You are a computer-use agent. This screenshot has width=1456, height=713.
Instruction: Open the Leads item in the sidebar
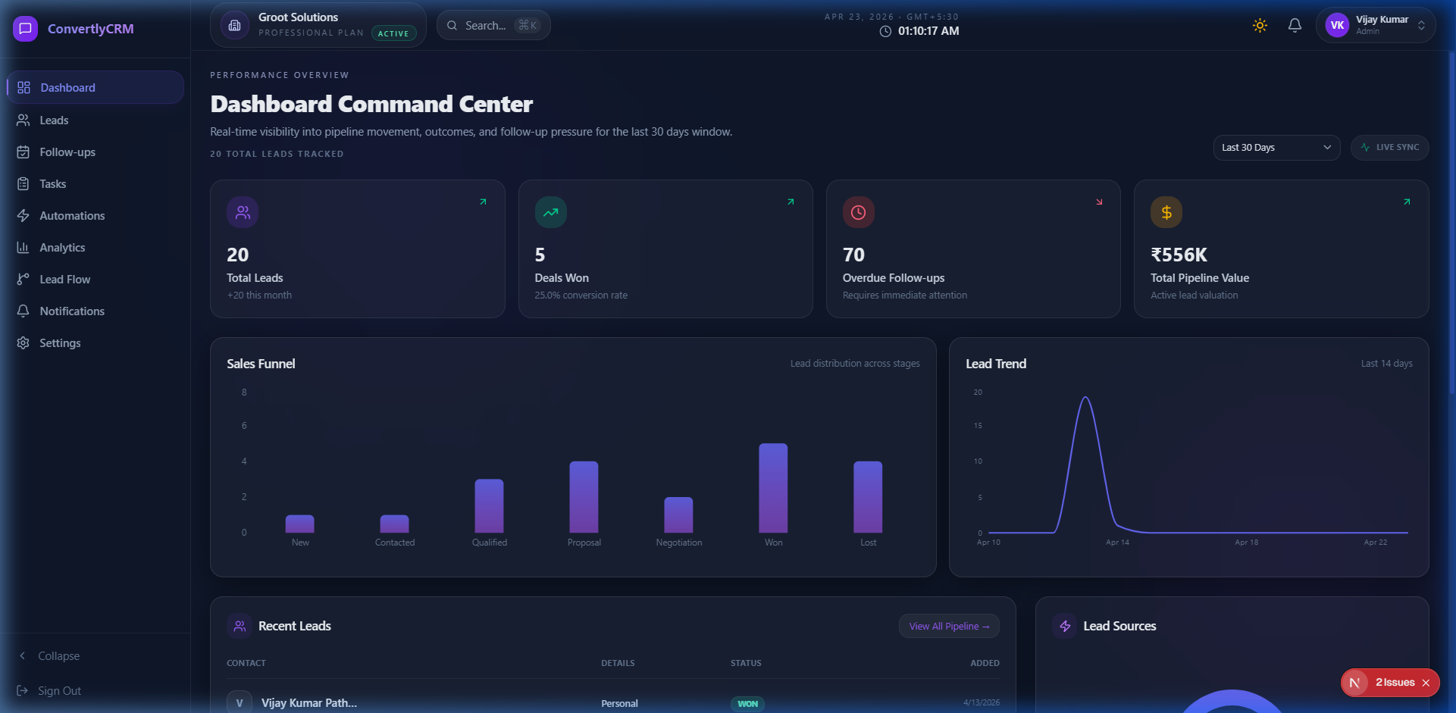53,120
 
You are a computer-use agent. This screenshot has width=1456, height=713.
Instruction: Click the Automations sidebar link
71,216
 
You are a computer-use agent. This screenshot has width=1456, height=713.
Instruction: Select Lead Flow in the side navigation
64,280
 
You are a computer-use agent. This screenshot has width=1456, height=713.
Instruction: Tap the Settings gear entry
59,343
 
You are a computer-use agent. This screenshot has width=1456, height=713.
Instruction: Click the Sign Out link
58,691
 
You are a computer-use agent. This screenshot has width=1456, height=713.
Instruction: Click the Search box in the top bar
493,26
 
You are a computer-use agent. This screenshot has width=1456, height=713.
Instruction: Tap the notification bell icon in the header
1295,26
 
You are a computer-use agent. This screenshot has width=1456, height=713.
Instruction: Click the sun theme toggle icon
1260,26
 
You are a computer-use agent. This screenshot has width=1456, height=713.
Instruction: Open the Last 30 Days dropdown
1276,148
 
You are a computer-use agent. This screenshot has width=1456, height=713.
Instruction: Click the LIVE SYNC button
1389,148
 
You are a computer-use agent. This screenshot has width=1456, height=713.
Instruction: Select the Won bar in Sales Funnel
773,489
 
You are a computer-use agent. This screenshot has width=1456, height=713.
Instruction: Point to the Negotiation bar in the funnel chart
678,515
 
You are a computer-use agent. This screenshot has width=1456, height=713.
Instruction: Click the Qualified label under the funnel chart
490,543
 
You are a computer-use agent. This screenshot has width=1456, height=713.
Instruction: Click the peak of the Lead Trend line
1085,397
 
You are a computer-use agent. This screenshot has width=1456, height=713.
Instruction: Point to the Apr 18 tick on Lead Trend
1246,543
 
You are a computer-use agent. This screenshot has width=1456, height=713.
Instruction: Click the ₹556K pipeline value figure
1179,255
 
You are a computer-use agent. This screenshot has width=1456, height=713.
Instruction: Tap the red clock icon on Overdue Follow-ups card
858,213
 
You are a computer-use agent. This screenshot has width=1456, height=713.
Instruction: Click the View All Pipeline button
949,627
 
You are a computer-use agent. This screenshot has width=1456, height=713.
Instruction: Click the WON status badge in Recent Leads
747,704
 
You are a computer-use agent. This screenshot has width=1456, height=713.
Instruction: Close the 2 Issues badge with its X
1426,683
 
